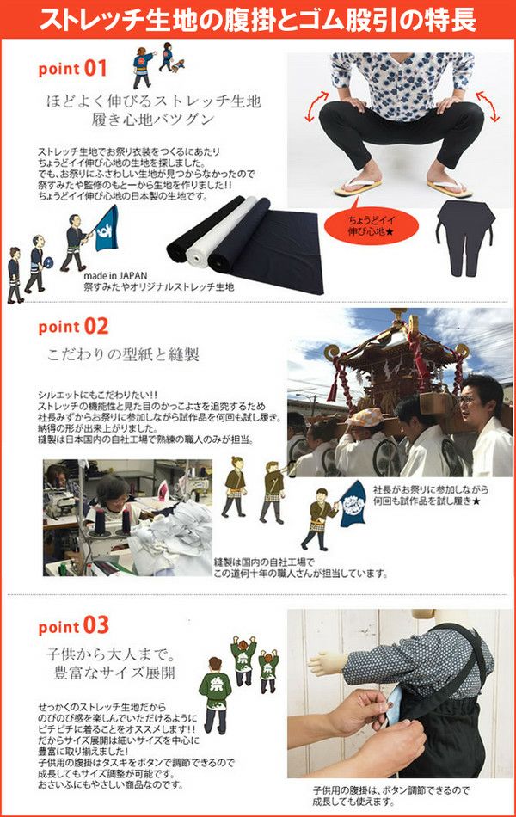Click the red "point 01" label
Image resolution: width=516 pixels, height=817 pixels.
click(72, 69)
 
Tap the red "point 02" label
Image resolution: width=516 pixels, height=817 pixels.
click(73, 327)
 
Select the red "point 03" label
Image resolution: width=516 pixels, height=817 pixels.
click(73, 626)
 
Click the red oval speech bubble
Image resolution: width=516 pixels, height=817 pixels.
click(372, 226)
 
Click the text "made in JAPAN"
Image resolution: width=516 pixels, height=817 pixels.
click(116, 276)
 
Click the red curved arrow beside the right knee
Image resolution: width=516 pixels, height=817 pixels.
click(488, 106)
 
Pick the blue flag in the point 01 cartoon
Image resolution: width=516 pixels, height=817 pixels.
click(107, 228)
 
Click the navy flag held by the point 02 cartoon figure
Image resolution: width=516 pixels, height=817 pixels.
click(353, 503)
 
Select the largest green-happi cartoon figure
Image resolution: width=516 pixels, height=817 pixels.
click(215, 688)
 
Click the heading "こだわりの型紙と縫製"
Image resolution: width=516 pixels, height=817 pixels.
click(124, 355)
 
